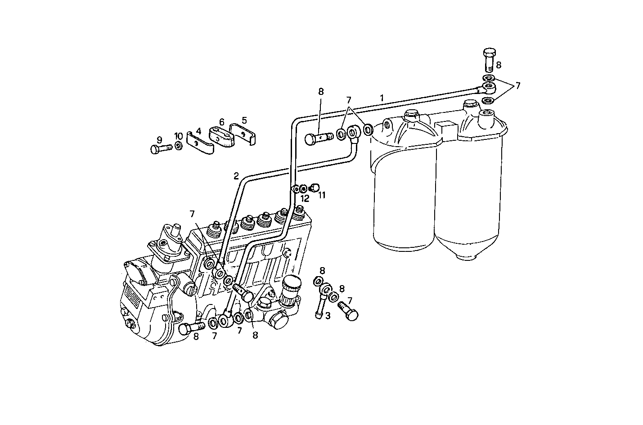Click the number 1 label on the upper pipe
pyautogui.click(x=382, y=97)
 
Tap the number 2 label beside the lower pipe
pyautogui.click(x=236, y=176)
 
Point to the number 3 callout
pyautogui.click(x=328, y=316)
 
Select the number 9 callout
pyautogui.click(x=159, y=140)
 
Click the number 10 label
pyautogui.click(x=179, y=136)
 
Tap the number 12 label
pyautogui.click(x=305, y=198)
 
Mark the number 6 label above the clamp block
pyautogui.click(x=221, y=122)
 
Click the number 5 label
pyautogui.click(x=244, y=120)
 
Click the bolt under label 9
pyautogui.click(x=160, y=148)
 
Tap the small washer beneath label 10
pyautogui.click(x=179, y=146)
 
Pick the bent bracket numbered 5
pyautogui.click(x=243, y=134)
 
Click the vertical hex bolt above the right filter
pyautogui.click(x=490, y=60)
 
